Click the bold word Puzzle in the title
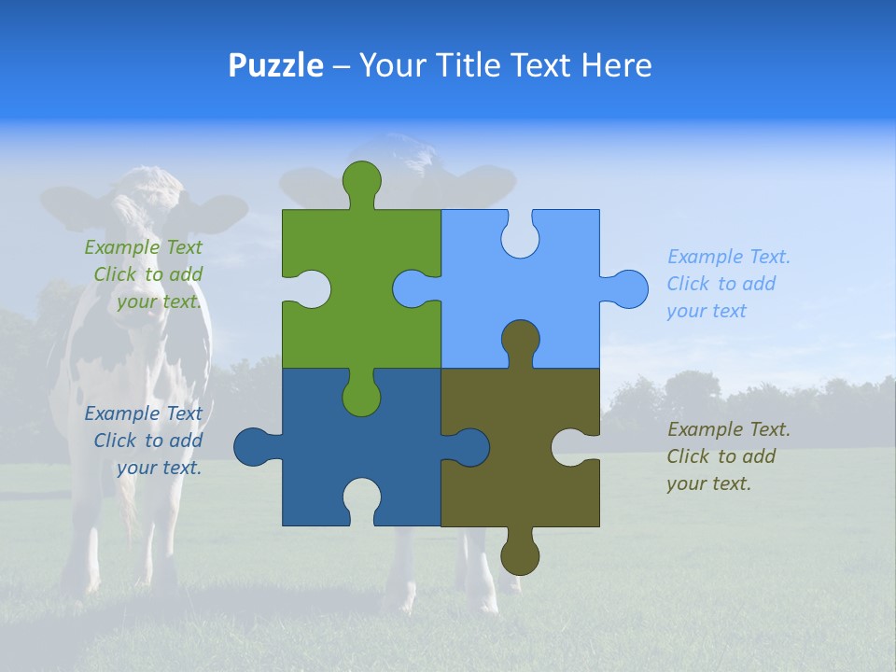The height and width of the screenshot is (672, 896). tap(275, 65)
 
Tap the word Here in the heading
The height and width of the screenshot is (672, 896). tap(616, 65)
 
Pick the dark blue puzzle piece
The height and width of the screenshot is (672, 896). tap(308, 448)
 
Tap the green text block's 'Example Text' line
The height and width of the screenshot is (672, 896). tap(143, 247)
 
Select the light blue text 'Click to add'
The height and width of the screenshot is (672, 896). tap(721, 284)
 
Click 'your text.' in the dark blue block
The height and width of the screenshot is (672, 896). tap(159, 468)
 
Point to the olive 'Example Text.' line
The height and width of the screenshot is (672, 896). tap(728, 429)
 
